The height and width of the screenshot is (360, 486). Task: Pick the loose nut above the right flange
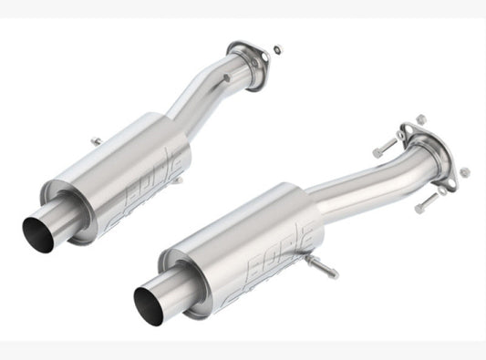tap(420, 118)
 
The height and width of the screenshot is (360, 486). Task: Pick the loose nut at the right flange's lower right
tap(464, 171)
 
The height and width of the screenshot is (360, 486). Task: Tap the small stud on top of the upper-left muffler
tap(94, 140)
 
